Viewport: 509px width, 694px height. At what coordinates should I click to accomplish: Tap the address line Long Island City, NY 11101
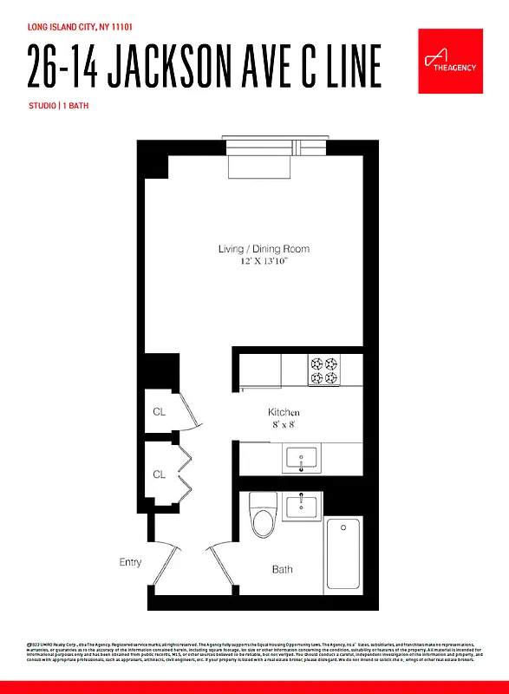coord(80,27)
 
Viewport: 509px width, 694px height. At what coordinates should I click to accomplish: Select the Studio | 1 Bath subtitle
coord(57,106)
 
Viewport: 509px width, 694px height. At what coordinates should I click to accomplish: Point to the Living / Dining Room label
coord(264,249)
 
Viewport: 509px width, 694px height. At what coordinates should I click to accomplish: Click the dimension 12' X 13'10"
coord(264,260)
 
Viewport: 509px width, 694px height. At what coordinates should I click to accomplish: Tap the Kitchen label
coord(284,412)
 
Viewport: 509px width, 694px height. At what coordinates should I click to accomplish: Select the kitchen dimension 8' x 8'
coord(284,424)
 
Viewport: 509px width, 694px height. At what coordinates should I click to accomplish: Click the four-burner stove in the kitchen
coord(326,371)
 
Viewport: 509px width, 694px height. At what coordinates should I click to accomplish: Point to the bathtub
coord(343,553)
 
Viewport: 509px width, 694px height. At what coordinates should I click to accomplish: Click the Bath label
coord(283,570)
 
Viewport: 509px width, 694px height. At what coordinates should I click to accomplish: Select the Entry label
coord(130,562)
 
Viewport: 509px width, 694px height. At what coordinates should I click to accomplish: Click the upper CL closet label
coord(159,412)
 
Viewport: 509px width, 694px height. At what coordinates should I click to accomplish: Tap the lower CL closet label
coord(159,475)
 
